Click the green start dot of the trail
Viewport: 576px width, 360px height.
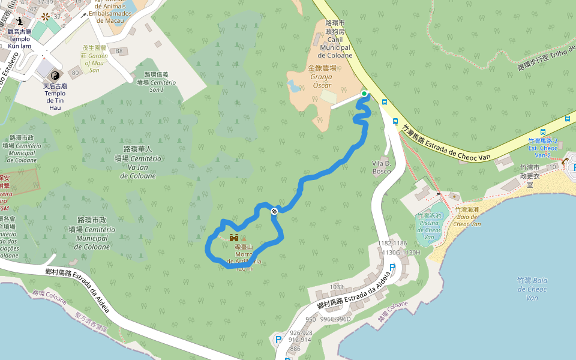pos(364,94)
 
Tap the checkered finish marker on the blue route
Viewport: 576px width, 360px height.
pos(274,211)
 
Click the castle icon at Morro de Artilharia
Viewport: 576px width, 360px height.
pos(234,238)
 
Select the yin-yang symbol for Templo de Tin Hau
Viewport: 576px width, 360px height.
pos(55,75)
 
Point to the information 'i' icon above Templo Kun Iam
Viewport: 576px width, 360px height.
pos(20,21)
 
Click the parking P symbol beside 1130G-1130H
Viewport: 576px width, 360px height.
pos(392,267)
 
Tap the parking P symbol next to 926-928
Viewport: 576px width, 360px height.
pos(278,340)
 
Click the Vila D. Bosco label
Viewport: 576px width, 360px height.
pos(381,167)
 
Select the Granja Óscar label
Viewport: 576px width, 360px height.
pos(321,77)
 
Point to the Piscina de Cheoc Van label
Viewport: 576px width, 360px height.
pos(429,226)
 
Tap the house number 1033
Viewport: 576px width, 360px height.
pos(337,287)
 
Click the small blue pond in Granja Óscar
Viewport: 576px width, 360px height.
pos(294,87)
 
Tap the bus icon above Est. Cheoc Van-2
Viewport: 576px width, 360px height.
pos(543,131)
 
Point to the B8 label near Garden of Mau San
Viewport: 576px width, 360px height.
pos(119,51)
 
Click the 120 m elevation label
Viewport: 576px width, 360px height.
pos(244,269)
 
